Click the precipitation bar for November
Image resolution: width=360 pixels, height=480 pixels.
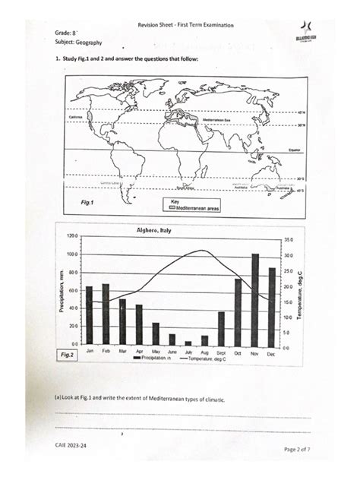(255, 299)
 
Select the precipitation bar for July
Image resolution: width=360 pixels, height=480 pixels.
(188, 343)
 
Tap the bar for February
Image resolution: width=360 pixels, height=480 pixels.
(106, 314)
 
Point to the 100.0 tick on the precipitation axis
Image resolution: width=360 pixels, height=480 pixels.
(72, 254)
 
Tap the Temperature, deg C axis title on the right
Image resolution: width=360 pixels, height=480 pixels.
(300, 292)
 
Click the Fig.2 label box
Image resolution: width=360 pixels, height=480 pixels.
(68, 355)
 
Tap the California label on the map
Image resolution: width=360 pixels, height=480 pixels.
(77, 117)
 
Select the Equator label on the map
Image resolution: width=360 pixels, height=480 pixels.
(296, 150)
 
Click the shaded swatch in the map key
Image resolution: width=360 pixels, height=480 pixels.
(169, 206)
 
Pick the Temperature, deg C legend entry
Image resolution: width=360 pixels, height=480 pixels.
(204, 359)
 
